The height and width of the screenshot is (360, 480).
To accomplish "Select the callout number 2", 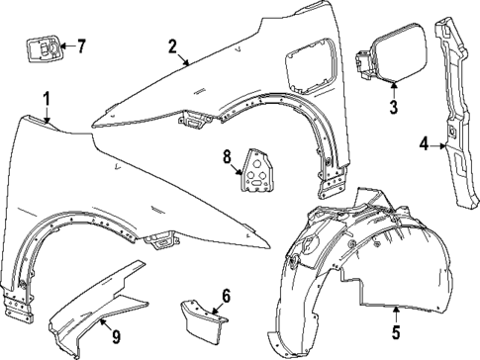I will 171,45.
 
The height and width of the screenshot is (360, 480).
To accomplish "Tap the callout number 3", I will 393,106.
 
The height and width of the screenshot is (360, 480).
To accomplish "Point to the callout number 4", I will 424,144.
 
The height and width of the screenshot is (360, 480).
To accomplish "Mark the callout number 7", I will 81,45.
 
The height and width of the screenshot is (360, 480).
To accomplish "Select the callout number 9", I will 116,338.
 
